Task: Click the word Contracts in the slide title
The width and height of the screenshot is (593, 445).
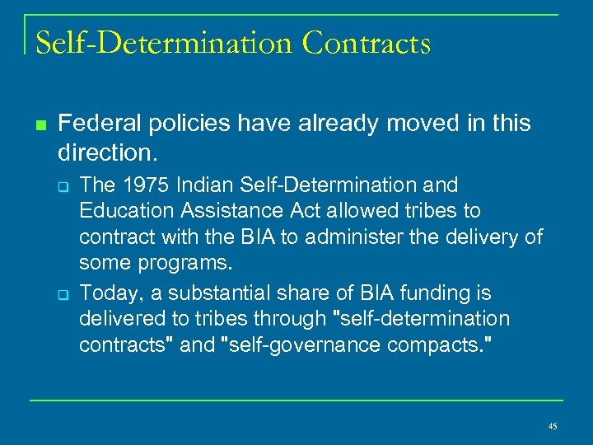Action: click(367, 43)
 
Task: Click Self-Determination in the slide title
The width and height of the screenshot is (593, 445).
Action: click(165, 43)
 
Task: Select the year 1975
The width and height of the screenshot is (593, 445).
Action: click(136, 185)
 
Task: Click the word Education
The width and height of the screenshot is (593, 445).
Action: click(124, 211)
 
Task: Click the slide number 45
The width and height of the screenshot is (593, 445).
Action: click(552, 426)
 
